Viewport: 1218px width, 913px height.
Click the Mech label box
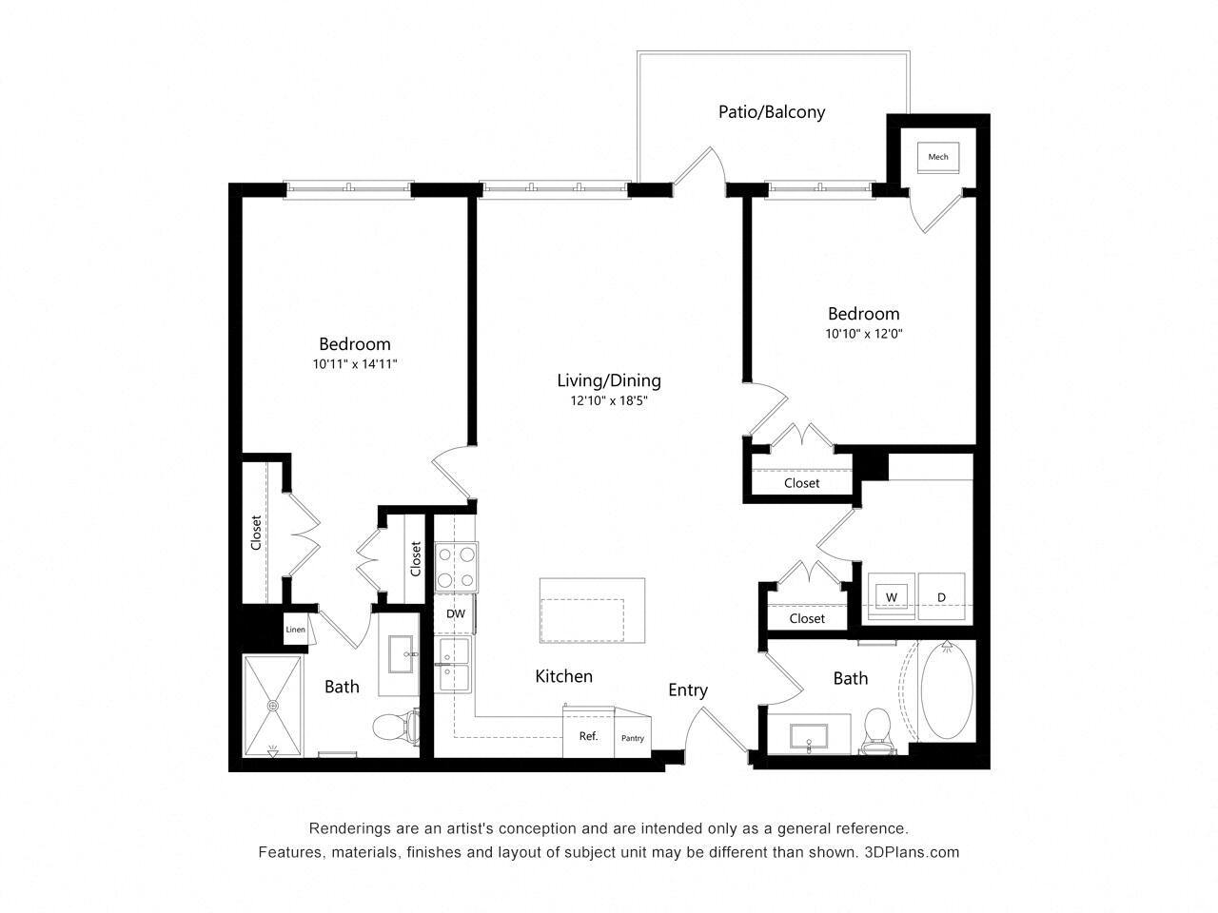coord(938,157)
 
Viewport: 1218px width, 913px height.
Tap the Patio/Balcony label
coord(771,111)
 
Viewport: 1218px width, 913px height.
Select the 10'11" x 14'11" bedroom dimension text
coord(354,363)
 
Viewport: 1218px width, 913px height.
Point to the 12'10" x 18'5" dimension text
coord(609,400)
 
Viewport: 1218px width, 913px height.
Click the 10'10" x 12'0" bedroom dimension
coord(863,334)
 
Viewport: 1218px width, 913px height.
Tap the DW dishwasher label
coord(456,614)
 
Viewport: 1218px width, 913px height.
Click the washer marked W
coord(892,596)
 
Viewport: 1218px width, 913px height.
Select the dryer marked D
coord(941,596)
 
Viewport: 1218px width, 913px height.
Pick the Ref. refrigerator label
coord(588,735)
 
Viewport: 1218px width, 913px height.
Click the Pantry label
coord(633,738)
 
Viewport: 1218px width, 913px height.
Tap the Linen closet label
coord(295,630)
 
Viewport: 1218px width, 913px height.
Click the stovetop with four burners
coord(456,567)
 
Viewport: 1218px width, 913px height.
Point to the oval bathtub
coord(947,690)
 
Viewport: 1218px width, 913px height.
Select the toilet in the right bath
coord(875,730)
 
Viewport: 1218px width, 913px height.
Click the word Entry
coord(687,690)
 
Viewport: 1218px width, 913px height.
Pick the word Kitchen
coord(563,676)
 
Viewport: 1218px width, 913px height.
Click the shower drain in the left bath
coord(273,706)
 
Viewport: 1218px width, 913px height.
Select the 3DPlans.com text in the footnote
coord(912,852)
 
